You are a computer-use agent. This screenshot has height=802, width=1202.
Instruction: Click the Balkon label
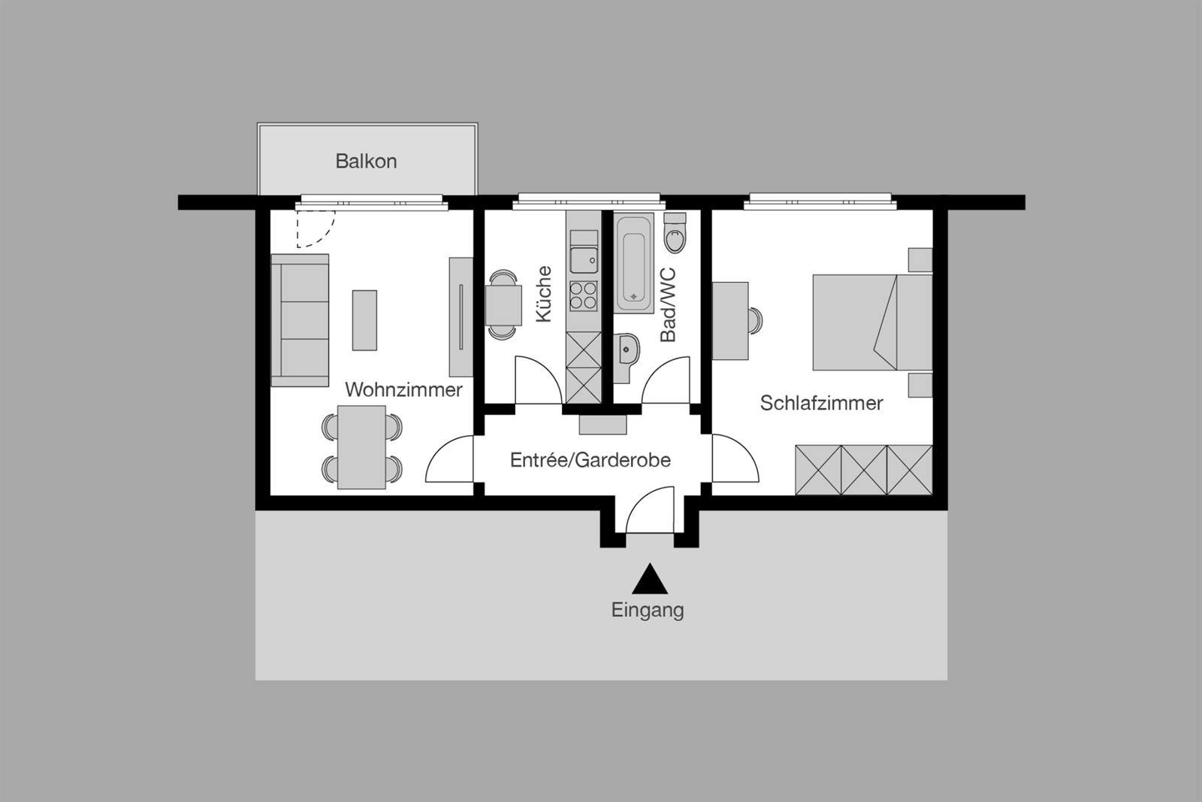366,161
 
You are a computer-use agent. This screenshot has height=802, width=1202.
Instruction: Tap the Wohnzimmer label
403,389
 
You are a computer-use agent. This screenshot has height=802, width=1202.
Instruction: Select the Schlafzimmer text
821,403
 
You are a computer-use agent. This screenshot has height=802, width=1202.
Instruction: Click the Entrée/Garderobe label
590,459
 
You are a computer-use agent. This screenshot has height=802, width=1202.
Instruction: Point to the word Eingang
648,610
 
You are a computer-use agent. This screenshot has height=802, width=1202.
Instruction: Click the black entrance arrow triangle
649,581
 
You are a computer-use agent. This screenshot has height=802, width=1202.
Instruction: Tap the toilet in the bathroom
675,233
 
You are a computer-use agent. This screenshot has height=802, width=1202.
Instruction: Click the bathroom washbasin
626,351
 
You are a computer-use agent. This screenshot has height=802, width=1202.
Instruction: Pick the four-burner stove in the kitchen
583,295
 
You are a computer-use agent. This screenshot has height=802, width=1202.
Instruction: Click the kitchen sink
583,259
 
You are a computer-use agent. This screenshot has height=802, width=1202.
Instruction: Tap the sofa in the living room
300,320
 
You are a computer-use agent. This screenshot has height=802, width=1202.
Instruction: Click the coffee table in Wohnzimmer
364,319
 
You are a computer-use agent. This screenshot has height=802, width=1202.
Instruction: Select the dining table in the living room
361,447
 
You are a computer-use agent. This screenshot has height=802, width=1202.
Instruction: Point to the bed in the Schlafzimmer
871,322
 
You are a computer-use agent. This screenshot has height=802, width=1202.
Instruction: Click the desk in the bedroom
729,320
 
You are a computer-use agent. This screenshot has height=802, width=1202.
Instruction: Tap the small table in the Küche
503,304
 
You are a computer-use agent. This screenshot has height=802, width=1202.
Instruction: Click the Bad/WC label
667,305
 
